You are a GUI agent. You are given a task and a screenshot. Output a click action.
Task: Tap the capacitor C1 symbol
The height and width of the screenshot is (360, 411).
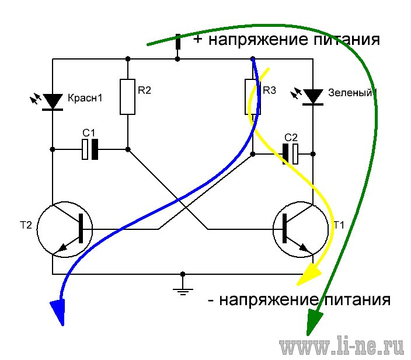click(x=90, y=149)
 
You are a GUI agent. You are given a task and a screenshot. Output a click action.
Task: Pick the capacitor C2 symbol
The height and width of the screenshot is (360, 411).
click(x=290, y=154)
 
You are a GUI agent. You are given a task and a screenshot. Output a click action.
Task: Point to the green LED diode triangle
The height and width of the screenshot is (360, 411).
click(x=313, y=96)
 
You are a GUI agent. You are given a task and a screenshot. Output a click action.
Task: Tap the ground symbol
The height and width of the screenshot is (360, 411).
click(x=183, y=291)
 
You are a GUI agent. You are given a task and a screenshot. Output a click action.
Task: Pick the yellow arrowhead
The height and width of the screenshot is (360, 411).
click(x=311, y=274)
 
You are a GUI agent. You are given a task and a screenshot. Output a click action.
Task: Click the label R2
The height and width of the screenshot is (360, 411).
click(x=144, y=90)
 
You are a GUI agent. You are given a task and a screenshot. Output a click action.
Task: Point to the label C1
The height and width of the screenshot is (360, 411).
click(x=89, y=133)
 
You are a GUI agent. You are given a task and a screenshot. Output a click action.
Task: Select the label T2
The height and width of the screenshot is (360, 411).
click(x=26, y=225)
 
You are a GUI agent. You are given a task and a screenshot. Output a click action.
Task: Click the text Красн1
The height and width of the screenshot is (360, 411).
click(x=85, y=98)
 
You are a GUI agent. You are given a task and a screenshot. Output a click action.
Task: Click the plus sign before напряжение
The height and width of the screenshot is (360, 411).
click(x=198, y=39)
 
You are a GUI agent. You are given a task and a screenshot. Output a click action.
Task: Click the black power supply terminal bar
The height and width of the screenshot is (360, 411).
click(x=178, y=41)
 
